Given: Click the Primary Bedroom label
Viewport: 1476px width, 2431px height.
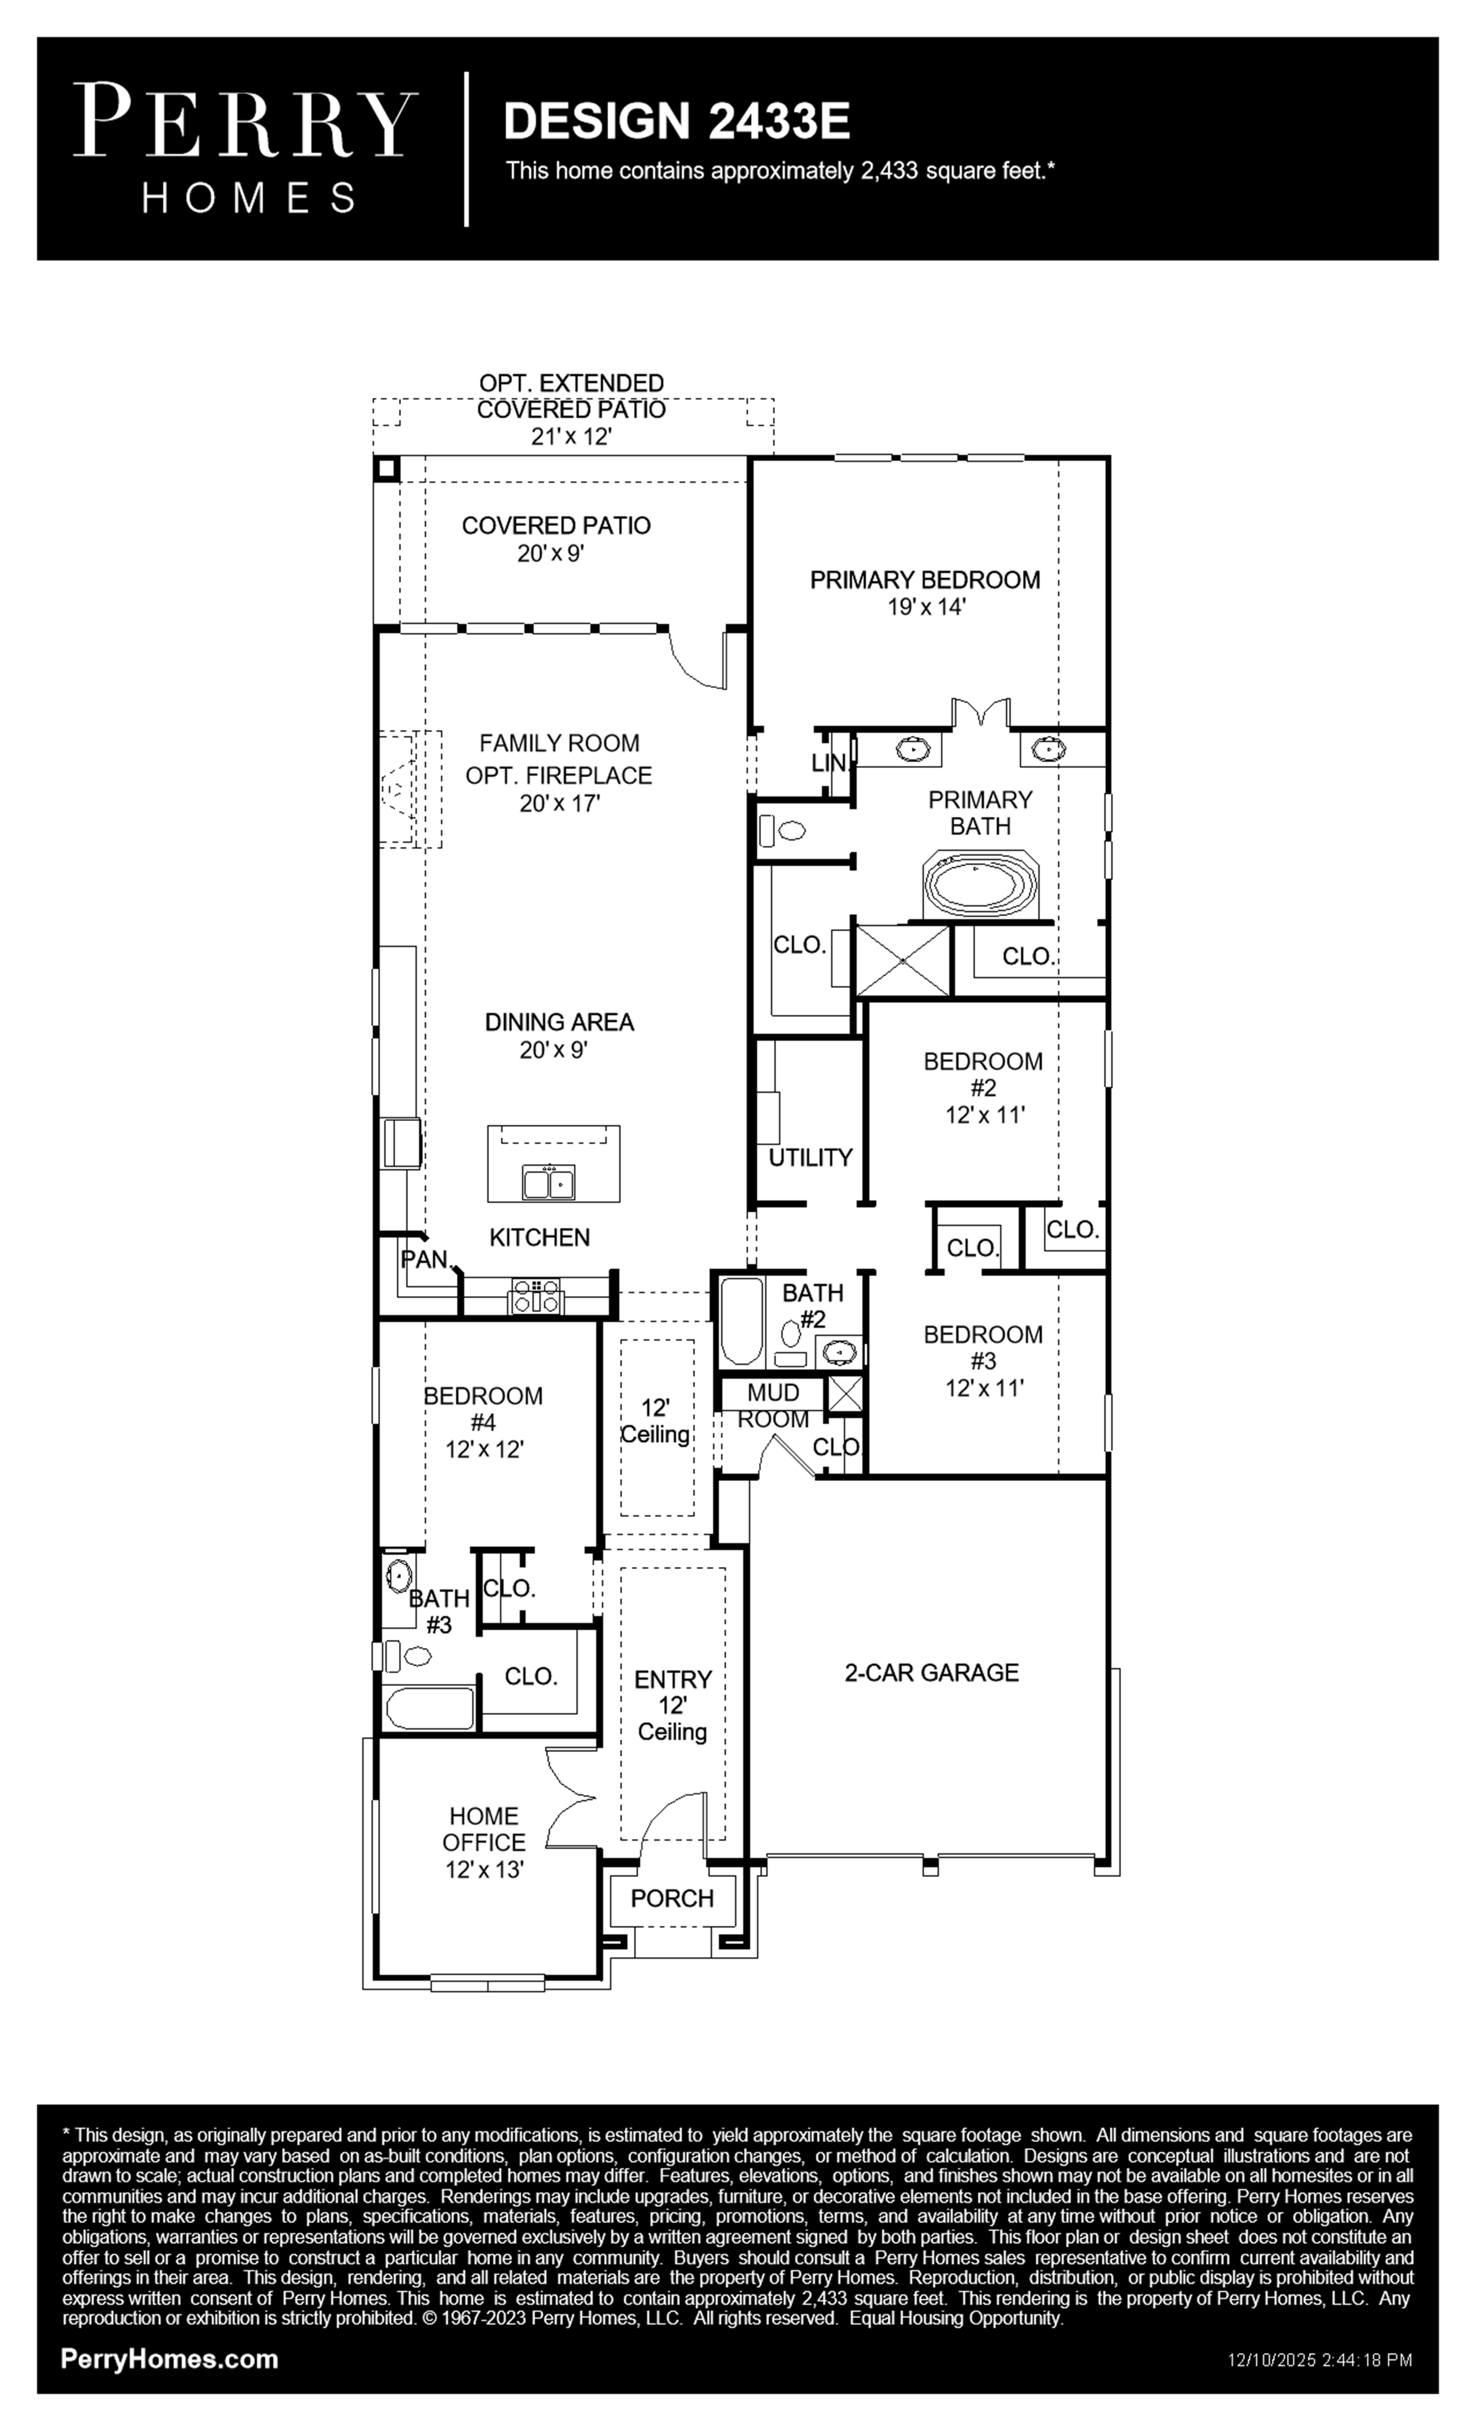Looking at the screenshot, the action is pos(924,580).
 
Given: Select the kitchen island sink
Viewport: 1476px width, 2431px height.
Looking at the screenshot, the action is pos(549,1182).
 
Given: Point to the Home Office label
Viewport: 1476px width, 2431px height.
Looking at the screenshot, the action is pos(483,1829).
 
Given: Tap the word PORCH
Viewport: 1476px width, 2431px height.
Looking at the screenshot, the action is pos(672,1898).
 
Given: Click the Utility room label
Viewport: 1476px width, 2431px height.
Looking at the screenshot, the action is pos(810,1157).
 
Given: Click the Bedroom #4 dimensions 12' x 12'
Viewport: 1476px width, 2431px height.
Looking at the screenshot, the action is pos(483,1449).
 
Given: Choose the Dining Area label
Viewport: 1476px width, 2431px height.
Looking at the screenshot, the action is pos(559,1022).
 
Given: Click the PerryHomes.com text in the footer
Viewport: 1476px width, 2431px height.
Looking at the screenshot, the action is pos(170,2359).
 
